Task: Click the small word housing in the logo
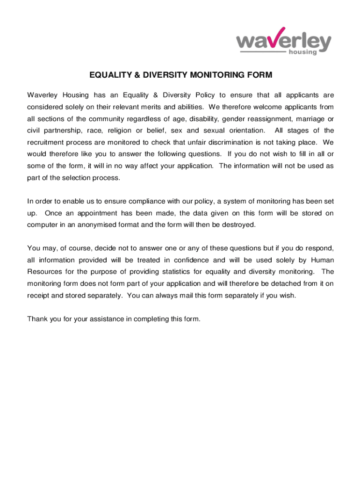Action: [x=302, y=52]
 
